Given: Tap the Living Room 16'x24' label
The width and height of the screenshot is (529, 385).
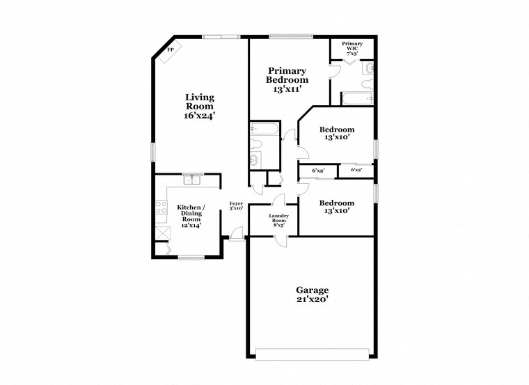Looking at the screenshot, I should [199, 107].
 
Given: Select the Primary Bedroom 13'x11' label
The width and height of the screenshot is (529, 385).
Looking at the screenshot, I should [287, 80].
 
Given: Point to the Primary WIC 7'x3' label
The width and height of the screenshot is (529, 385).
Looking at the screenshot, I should [353, 48].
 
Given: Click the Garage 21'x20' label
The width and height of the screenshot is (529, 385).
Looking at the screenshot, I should [312, 294].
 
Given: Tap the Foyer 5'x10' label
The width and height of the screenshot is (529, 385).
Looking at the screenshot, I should [237, 205].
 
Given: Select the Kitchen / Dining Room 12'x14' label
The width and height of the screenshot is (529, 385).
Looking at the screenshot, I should [190, 216].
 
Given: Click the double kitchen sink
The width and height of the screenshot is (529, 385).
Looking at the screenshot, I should [191, 180].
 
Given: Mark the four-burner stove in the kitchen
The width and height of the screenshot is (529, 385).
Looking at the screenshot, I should [161, 207].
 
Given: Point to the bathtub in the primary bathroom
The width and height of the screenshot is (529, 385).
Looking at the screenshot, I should [356, 99].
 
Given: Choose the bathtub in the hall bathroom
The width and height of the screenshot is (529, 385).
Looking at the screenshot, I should [264, 129].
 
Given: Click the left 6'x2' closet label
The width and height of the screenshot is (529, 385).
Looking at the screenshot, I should [318, 170].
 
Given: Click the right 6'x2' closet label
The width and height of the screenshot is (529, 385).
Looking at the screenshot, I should [356, 170].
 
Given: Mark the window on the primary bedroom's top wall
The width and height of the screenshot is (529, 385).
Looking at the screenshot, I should [289, 36].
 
